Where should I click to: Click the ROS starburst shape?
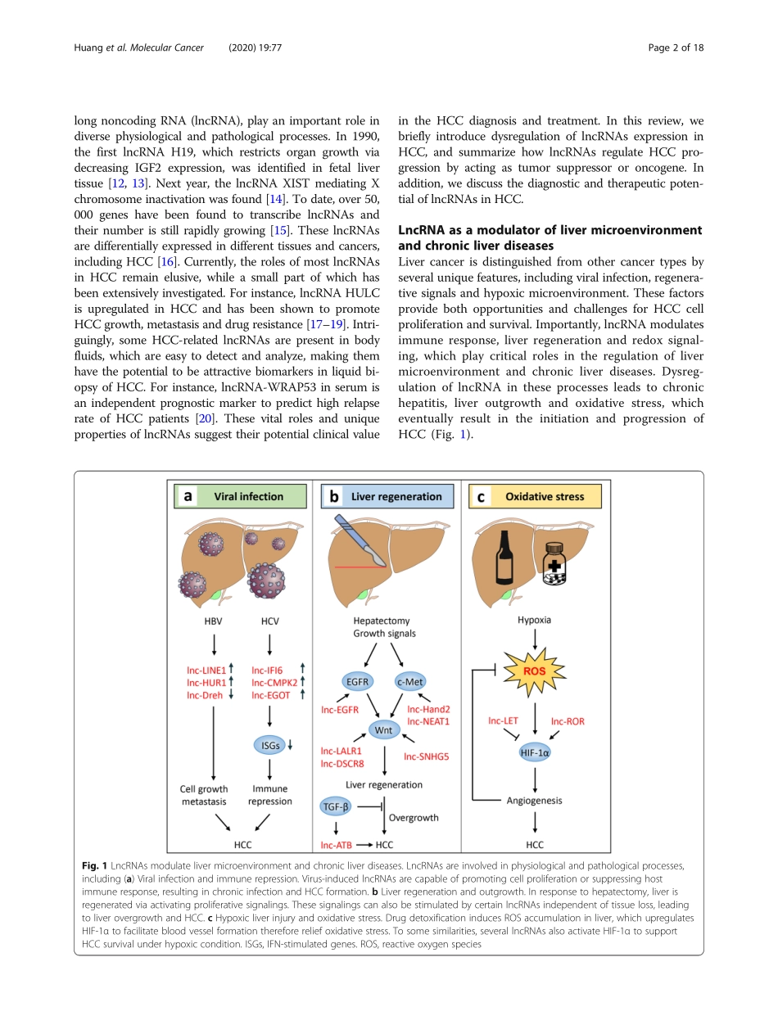pyautogui.click(x=534, y=671)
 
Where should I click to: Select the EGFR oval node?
pyautogui.click(x=355, y=680)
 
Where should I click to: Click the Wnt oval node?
pyautogui.click(x=384, y=729)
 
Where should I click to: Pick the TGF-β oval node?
pyautogui.click(x=335, y=807)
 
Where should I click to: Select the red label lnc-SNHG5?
pyautogui.click(x=426, y=756)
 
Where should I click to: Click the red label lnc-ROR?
pyautogui.click(x=568, y=722)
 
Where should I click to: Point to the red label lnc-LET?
pyautogui.click(x=503, y=720)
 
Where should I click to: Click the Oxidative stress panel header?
pyautogui.click(x=534, y=496)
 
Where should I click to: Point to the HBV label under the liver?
pyautogui.click(x=214, y=621)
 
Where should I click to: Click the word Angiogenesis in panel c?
pyautogui.click(x=535, y=800)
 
